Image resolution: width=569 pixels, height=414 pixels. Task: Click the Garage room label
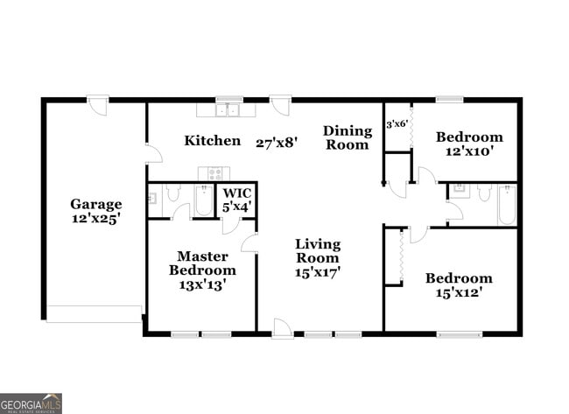click(96, 204)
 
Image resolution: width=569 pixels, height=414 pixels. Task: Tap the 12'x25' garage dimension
click(96, 219)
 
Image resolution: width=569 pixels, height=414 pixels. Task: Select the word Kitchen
click(212, 140)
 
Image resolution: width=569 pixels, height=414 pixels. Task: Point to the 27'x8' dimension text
click(277, 141)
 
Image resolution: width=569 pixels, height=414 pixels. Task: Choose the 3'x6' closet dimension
click(397, 123)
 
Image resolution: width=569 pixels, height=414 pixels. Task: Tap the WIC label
click(236, 193)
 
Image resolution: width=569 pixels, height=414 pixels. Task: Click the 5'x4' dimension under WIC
click(236, 207)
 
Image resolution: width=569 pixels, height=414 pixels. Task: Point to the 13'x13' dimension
click(202, 284)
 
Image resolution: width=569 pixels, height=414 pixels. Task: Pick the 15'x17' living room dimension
click(317, 272)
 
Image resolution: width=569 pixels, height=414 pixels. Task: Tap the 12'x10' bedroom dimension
click(469, 151)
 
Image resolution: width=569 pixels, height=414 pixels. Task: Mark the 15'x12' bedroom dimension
click(459, 293)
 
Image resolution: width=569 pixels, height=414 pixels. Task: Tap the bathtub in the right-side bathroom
click(506, 204)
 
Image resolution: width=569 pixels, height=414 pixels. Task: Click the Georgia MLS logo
click(31, 403)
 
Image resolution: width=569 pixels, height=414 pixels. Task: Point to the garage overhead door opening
click(94, 313)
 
